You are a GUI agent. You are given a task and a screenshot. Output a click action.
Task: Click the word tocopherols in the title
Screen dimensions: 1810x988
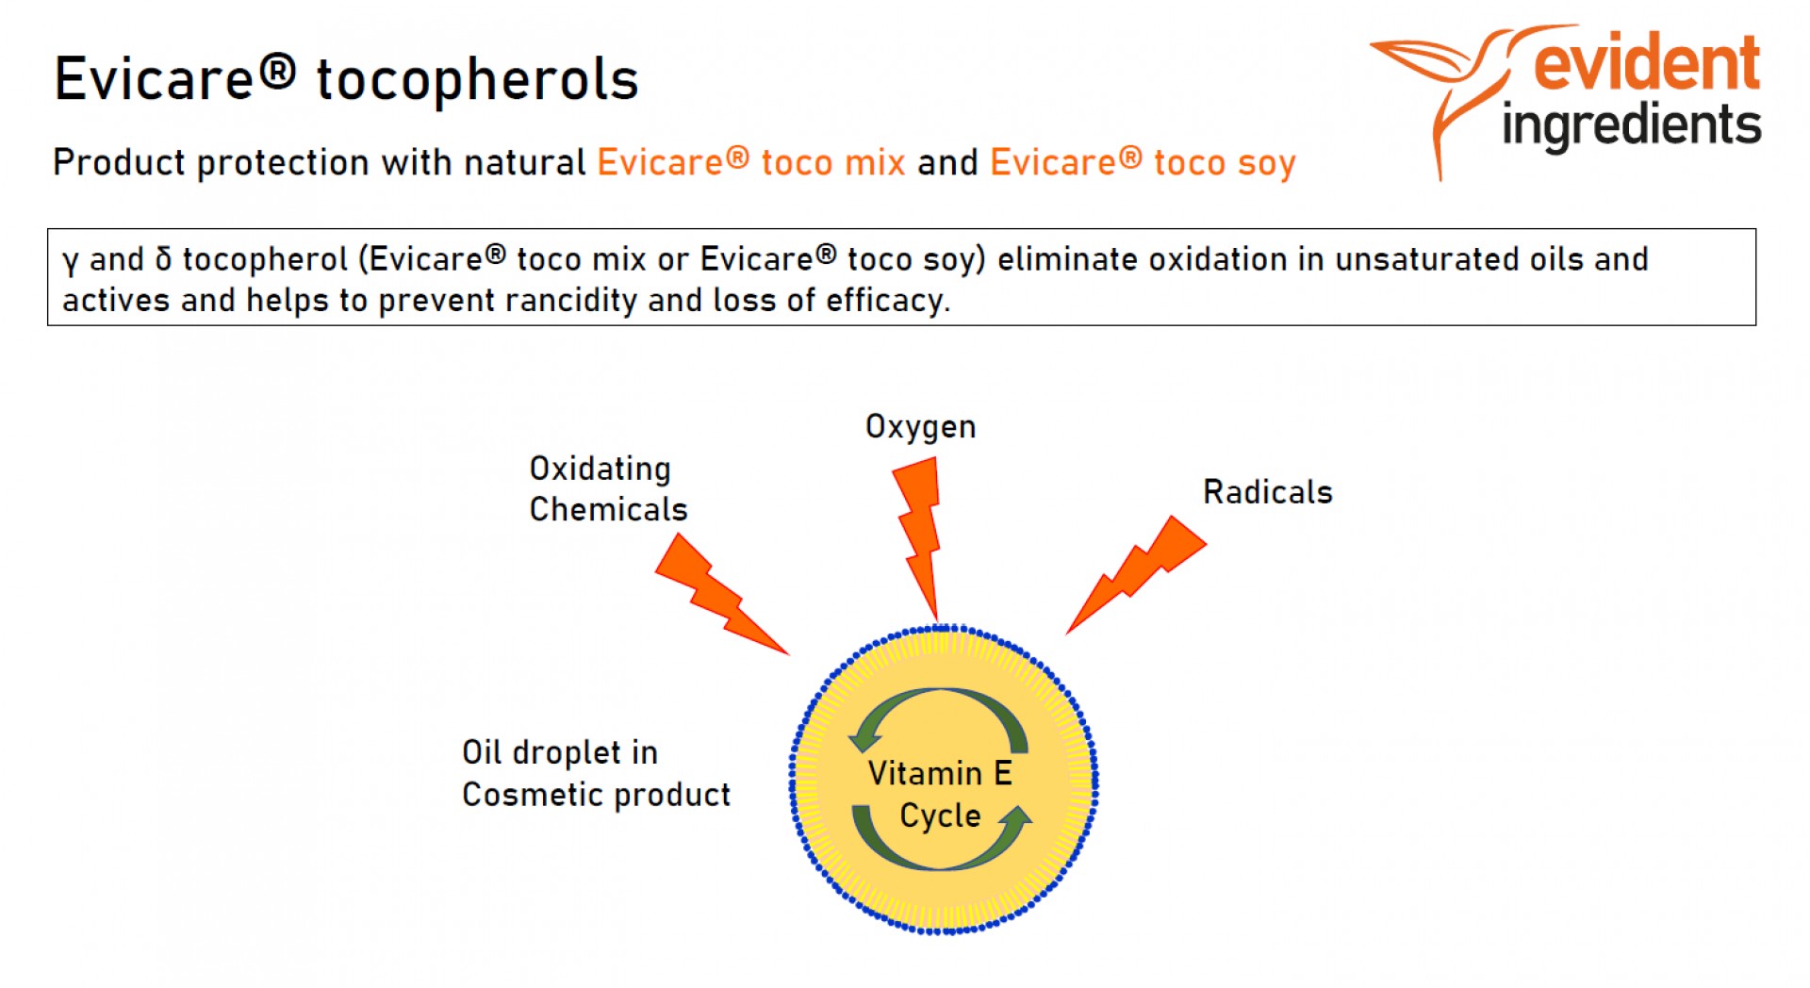477,79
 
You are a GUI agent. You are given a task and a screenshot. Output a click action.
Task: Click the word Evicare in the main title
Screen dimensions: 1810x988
155,79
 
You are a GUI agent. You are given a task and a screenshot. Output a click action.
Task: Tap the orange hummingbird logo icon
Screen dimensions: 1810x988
1452,90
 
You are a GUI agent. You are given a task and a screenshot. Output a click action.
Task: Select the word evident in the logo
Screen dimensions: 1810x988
1647,63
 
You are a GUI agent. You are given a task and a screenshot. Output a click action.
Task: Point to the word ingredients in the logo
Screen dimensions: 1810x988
1632,126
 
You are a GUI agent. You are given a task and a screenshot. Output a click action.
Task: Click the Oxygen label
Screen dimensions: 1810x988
920,428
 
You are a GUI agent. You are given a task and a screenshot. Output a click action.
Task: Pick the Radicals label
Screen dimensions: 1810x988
1267,492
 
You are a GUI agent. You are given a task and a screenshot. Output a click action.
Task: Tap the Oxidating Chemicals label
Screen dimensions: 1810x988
608,488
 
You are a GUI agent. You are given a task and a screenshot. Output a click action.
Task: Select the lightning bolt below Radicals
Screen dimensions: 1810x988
1136,573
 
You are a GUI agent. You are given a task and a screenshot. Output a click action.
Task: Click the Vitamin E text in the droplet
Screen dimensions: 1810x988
940,773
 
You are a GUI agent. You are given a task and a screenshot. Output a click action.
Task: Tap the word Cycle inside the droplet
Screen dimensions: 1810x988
940,816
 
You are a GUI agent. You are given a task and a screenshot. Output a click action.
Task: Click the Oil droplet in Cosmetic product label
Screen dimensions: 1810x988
596,773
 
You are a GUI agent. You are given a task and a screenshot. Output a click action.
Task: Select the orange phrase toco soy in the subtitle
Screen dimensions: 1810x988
1225,163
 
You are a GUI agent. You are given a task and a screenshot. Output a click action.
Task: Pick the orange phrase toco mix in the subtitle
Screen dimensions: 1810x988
833,163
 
